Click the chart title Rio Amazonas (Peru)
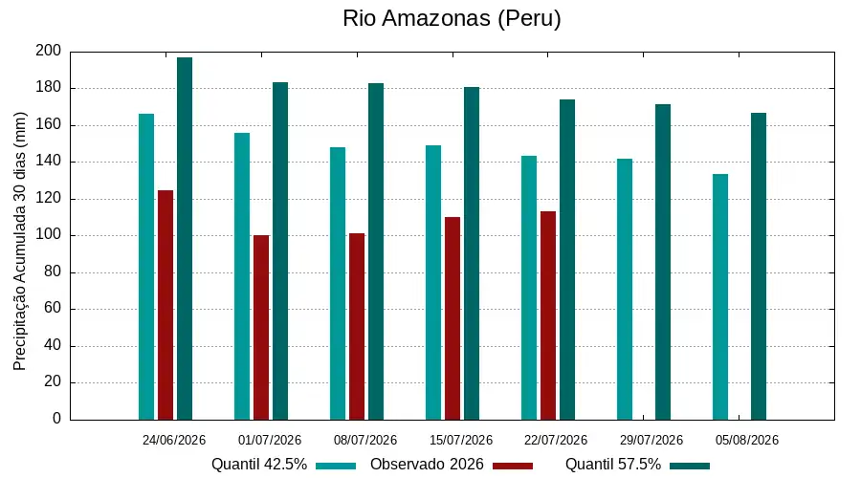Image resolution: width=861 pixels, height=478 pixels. [452, 18]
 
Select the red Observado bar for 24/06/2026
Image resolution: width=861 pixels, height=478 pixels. [166, 305]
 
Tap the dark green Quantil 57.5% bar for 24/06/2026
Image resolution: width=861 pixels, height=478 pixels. [185, 239]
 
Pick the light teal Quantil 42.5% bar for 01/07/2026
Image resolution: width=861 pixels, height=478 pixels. [242, 276]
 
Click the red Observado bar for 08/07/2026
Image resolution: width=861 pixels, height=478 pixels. [357, 327]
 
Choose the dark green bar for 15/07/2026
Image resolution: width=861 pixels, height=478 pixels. [472, 253]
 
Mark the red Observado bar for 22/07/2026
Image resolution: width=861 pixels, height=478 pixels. [548, 315]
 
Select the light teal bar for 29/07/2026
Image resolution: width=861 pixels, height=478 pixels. [625, 290]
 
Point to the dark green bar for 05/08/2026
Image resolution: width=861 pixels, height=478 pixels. [759, 267]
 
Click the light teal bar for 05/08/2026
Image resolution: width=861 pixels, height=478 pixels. [720, 297]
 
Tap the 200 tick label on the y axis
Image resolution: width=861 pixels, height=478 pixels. [49, 51]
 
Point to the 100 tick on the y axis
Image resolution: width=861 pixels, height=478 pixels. [49, 235]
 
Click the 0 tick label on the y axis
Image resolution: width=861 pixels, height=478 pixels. [57, 419]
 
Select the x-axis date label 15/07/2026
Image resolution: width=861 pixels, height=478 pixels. [461, 440]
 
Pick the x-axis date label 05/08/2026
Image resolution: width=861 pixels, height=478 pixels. [747, 440]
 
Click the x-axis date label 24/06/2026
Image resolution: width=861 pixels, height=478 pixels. [174, 440]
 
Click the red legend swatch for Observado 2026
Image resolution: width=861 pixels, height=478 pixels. [513, 466]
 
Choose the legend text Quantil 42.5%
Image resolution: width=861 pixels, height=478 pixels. [259, 465]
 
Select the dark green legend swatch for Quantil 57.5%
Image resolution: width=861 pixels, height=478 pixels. [690, 466]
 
